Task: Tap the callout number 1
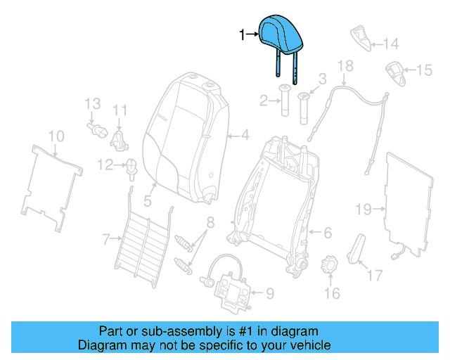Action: point(243,34)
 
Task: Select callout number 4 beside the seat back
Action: point(245,134)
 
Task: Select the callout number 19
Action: point(362,209)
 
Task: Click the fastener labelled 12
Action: point(130,166)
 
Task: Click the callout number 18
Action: point(345,66)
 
